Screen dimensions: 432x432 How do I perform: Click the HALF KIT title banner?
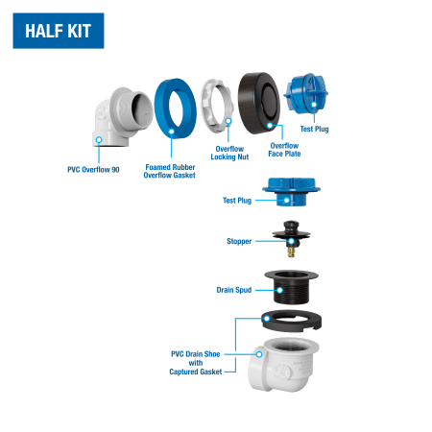tap(59, 31)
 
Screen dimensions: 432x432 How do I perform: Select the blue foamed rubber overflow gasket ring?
tap(176, 108)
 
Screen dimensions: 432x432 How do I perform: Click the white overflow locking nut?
tap(217, 107)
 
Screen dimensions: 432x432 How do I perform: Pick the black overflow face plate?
tap(259, 103)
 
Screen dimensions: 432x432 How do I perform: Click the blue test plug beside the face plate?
tap(305, 94)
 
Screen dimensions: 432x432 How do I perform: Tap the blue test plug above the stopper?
tap(291, 192)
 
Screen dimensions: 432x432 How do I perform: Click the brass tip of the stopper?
tap(291, 252)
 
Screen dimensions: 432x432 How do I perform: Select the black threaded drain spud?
tap(291, 287)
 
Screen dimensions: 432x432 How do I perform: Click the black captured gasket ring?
tap(291, 322)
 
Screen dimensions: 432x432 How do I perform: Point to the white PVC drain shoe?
tap(283, 365)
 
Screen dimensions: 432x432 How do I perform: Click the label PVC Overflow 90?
tap(93, 170)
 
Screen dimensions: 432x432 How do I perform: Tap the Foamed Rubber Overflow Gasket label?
tap(170, 171)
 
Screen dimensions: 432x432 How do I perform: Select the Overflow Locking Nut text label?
tap(229, 153)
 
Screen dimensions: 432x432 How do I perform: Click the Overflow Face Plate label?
tap(284, 150)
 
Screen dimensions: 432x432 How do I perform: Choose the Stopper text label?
tap(239, 241)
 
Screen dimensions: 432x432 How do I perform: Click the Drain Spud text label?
tap(234, 290)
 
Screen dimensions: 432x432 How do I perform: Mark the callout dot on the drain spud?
tap(279, 290)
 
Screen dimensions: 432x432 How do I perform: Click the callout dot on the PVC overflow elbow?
tap(99, 140)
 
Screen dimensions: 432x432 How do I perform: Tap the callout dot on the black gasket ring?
tap(267, 319)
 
